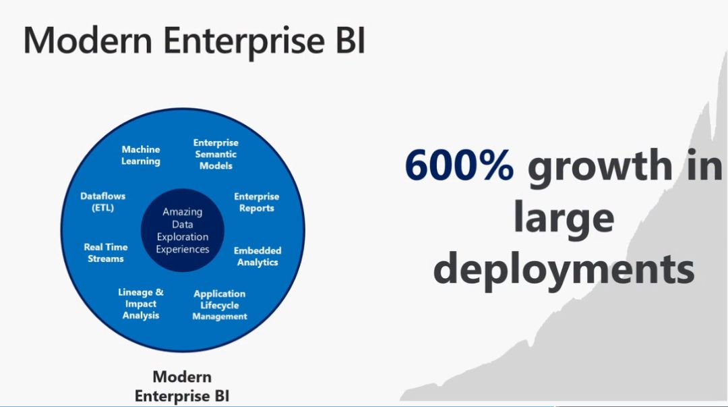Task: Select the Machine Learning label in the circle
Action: click(x=141, y=155)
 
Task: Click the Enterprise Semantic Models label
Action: click(x=216, y=154)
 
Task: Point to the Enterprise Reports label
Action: click(x=256, y=202)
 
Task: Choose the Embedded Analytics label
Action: click(x=257, y=256)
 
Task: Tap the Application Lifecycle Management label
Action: click(x=220, y=305)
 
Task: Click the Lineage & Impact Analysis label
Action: click(x=141, y=304)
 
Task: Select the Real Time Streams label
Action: click(x=106, y=252)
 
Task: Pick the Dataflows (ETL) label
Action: click(x=103, y=202)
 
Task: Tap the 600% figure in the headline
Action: click(x=459, y=166)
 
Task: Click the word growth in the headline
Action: click(x=599, y=167)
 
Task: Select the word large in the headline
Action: click(x=564, y=218)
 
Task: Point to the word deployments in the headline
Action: click(x=564, y=269)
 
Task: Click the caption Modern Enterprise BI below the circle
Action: click(x=182, y=386)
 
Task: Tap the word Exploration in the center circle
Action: click(x=183, y=237)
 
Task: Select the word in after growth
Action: click(x=705, y=166)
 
